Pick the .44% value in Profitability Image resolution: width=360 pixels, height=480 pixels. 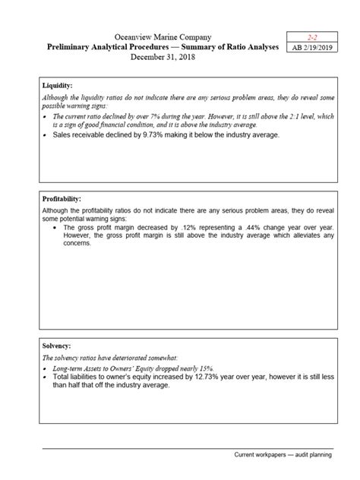[234, 227]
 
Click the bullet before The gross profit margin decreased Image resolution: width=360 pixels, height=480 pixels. [55, 227]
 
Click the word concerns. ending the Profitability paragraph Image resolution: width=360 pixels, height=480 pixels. [80, 244]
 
